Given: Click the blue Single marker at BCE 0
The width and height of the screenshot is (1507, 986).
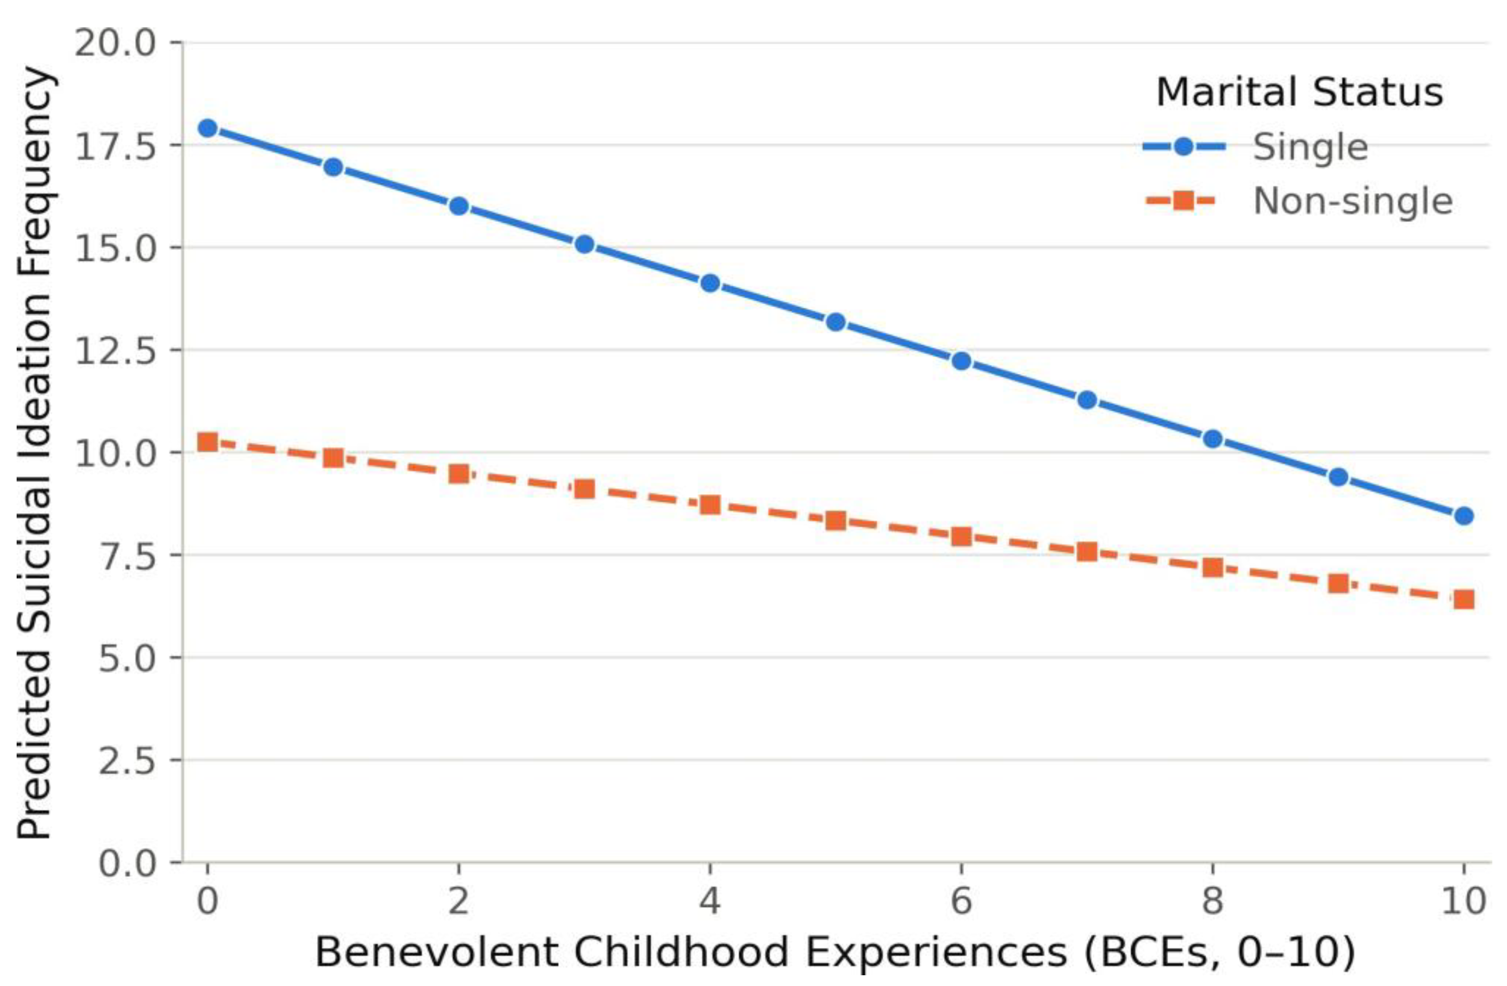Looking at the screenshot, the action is (207, 129).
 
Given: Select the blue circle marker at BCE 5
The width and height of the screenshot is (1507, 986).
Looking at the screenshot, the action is (836, 322).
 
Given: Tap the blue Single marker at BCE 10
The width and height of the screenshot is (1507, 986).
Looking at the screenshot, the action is (1463, 516).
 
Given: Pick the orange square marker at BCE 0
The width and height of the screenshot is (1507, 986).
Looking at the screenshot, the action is (207, 442).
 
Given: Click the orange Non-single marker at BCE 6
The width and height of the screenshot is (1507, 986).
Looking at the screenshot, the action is (961, 537).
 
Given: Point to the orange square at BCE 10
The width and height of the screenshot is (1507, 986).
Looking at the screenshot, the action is (1463, 599).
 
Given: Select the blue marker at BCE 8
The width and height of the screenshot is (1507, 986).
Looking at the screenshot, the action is (1213, 439).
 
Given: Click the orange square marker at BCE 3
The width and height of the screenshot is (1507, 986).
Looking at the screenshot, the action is (585, 489).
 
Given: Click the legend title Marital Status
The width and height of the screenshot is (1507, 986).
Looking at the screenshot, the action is (1299, 92).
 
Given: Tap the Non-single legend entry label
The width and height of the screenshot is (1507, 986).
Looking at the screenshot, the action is (1353, 202).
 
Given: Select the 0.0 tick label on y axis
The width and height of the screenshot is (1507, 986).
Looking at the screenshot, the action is (127, 863).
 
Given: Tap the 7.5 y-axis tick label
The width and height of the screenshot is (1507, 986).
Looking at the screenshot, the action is (127, 556).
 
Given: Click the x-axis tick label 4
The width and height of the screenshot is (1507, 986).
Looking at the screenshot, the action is (710, 900).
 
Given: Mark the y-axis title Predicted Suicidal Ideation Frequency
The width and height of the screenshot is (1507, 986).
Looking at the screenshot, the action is (34, 453).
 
